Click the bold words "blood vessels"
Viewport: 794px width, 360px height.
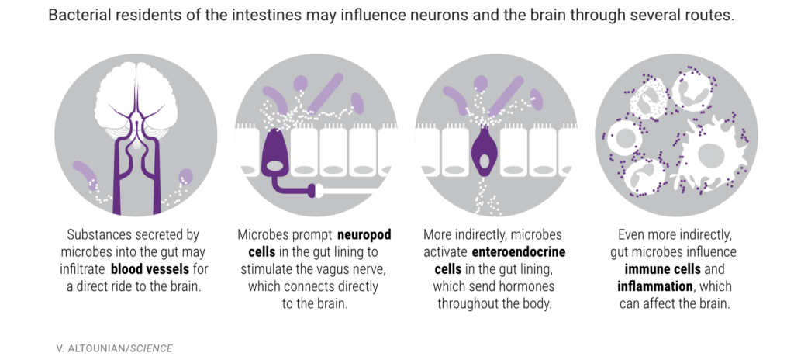click(160, 269)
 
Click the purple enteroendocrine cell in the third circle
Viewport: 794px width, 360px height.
click(485, 151)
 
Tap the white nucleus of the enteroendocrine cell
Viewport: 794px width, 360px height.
click(485, 162)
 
